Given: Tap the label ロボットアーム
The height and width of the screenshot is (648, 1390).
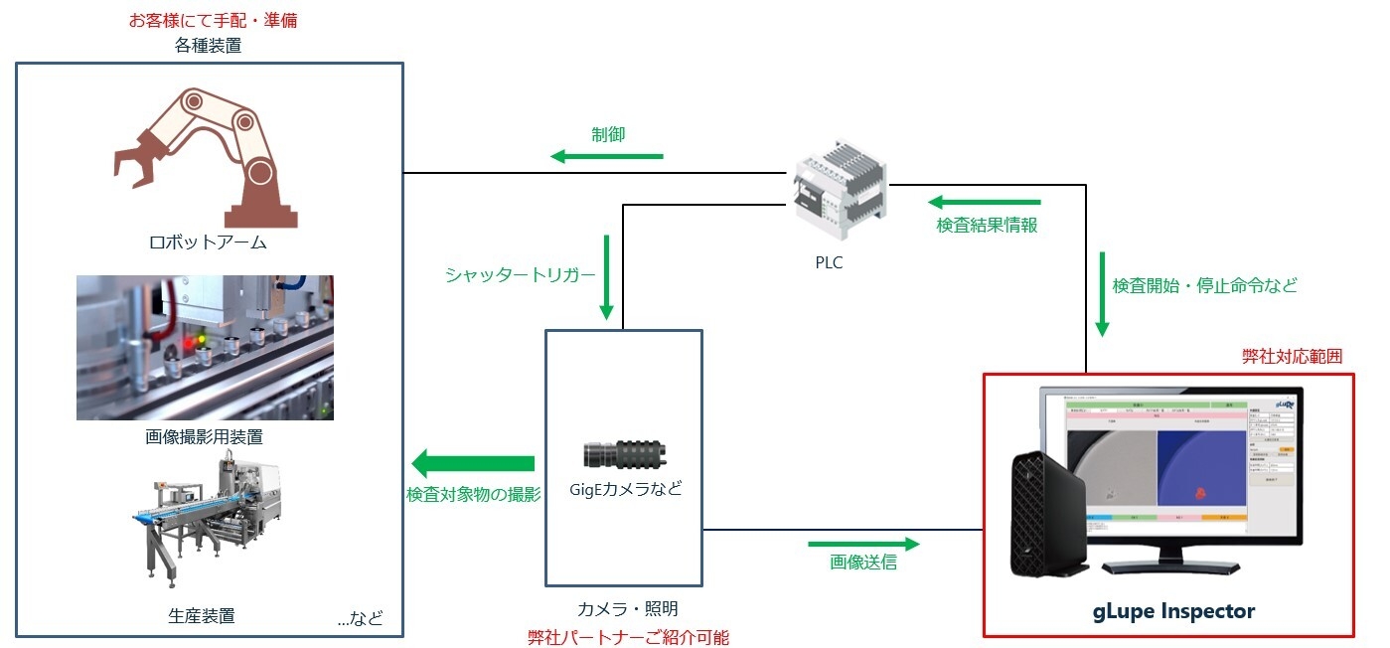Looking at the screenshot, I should point(208,243).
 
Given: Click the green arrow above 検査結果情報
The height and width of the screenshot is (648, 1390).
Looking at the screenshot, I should point(985,203).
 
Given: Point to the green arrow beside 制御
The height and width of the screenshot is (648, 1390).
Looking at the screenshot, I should point(607,156).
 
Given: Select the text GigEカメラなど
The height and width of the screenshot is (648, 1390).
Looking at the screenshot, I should point(625,489).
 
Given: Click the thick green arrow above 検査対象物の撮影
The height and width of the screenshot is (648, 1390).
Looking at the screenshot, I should point(474,463).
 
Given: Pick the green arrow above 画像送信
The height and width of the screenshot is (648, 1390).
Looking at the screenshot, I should point(863,544).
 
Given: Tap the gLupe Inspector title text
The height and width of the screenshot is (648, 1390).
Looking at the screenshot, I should point(1168,611).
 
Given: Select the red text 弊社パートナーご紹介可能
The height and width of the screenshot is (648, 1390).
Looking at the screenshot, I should point(628,637).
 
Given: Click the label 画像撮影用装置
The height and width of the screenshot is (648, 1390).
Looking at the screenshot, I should point(206,435).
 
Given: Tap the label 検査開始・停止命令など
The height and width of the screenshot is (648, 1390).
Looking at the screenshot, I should point(1204,285).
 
